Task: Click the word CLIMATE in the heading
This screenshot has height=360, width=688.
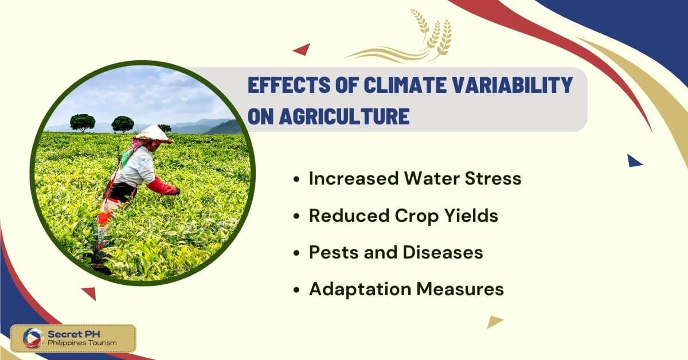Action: click(x=405, y=85)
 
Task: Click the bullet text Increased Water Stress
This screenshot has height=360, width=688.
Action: click(x=415, y=178)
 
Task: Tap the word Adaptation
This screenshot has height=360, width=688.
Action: click(x=360, y=289)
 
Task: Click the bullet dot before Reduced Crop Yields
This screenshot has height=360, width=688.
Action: click(x=296, y=216)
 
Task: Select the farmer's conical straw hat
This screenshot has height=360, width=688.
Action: click(x=153, y=134)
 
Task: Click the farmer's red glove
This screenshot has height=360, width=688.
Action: click(x=163, y=186)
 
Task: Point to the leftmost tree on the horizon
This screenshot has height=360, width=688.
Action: click(x=83, y=123)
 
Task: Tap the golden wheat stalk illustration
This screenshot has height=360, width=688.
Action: click(x=405, y=34)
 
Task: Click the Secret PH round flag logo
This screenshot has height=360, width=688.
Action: click(x=33, y=338)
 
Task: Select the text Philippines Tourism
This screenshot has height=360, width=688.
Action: click(x=82, y=343)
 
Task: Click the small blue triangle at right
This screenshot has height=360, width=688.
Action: click(x=634, y=161)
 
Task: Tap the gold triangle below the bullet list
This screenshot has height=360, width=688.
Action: click(x=494, y=321)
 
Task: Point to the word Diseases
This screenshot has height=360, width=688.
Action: click(x=443, y=252)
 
